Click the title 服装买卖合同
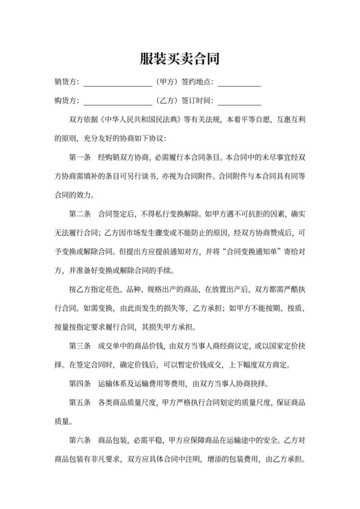click(180, 59)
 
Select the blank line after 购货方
click(118, 102)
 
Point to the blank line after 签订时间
click(239, 102)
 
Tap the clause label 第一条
click(80, 156)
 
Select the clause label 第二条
click(80, 212)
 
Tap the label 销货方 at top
click(67, 82)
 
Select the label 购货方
click(67, 100)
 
